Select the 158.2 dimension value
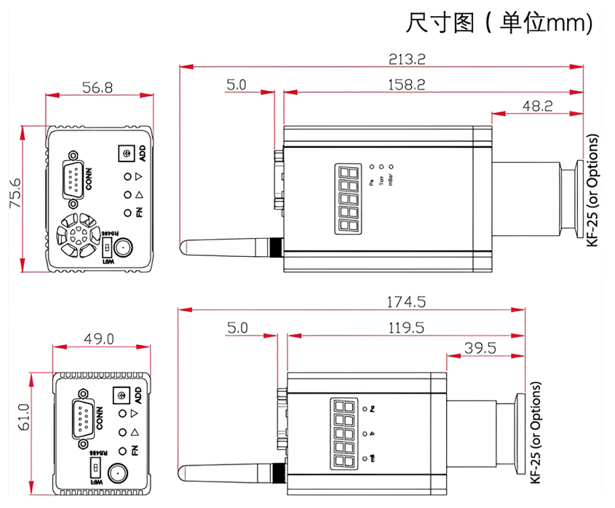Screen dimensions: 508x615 point(405,84)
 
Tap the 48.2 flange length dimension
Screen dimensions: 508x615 point(538,106)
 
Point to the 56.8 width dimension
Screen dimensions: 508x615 point(98,87)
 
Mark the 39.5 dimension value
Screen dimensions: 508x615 point(480,348)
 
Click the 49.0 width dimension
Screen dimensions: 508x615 point(99,338)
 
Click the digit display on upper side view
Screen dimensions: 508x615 point(348,198)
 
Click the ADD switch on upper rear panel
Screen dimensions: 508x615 point(127,154)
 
